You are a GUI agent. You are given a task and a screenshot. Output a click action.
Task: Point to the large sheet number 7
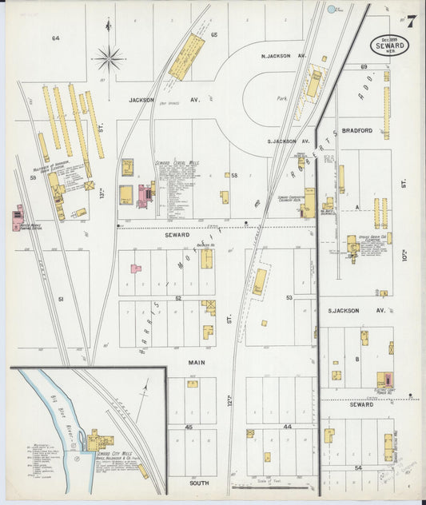click(x=410, y=21)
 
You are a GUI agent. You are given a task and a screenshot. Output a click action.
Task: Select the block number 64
click(x=56, y=38)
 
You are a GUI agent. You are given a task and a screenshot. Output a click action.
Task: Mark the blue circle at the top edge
click(x=331, y=10)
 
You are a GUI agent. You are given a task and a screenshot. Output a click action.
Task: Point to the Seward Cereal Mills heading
click(x=177, y=162)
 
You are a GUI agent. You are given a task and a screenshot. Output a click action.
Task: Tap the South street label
click(x=198, y=483)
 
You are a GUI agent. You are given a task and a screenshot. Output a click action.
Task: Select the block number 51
click(x=60, y=299)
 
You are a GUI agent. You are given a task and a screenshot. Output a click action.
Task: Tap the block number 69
click(x=363, y=67)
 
